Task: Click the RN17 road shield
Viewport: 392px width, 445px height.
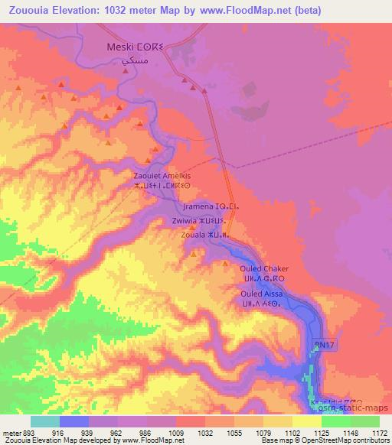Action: coord(325,346)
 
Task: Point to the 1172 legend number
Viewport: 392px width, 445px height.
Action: coord(380,431)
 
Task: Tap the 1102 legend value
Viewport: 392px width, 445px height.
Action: coord(293,431)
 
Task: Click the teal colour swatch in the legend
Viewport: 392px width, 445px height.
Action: coord(45,421)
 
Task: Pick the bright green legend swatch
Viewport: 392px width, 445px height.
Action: coord(365,421)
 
